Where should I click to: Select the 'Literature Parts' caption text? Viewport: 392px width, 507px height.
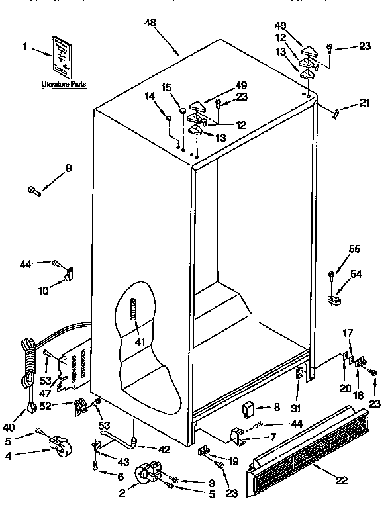(63, 85)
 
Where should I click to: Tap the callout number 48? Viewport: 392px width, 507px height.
(151, 23)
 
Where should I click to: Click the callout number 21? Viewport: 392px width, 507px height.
(365, 103)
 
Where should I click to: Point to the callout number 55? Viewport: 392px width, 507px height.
(355, 249)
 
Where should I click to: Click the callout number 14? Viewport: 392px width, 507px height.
(150, 97)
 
